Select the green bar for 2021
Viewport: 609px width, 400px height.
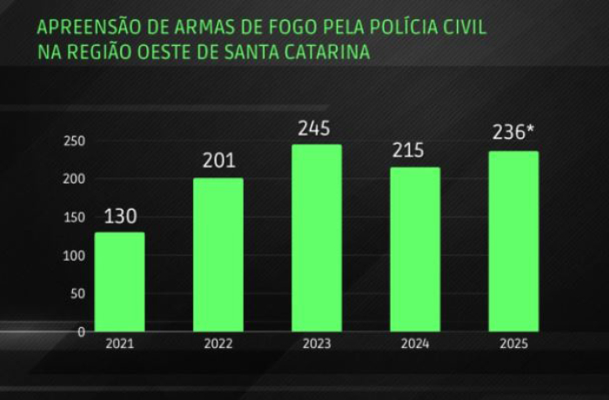coord(119,282)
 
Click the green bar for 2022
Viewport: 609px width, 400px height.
coord(217,254)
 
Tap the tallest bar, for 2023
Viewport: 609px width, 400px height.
coord(316,237)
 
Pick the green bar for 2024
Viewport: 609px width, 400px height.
coord(414,249)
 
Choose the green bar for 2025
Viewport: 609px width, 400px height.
coord(512,241)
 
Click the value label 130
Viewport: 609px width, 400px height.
coord(119,217)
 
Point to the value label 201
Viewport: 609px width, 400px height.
coord(217,162)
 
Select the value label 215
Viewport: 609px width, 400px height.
coord(407,150)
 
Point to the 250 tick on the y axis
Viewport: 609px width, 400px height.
coord(74,141)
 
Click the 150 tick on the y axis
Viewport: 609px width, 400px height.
coord(74,217)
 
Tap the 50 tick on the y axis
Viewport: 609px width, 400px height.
coord(77,293)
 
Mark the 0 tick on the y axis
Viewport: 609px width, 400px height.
coord(80,331)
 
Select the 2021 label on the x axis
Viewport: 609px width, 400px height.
coord(119,344)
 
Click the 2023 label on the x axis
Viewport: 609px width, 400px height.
coord(316,344)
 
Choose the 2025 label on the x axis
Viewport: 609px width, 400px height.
coord(512,344)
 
